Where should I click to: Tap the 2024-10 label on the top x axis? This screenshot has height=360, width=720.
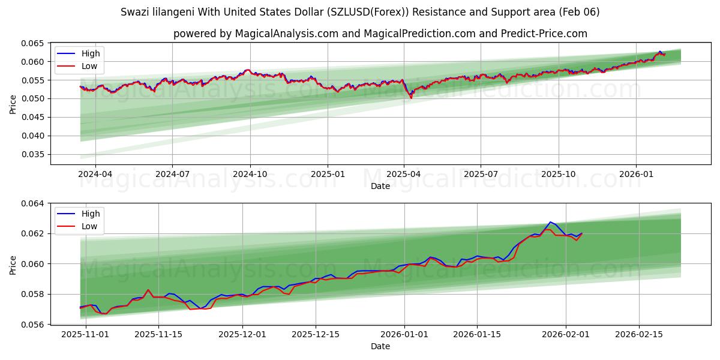(250, 174)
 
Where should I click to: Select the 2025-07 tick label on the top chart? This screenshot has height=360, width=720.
(481, 174)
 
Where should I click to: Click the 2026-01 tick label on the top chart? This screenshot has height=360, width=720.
(636, 174)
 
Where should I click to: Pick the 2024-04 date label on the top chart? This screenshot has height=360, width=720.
(95, 174)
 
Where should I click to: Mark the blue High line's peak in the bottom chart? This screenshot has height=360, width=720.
(550, 222)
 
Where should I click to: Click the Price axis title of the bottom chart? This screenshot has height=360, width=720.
(13, 264)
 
